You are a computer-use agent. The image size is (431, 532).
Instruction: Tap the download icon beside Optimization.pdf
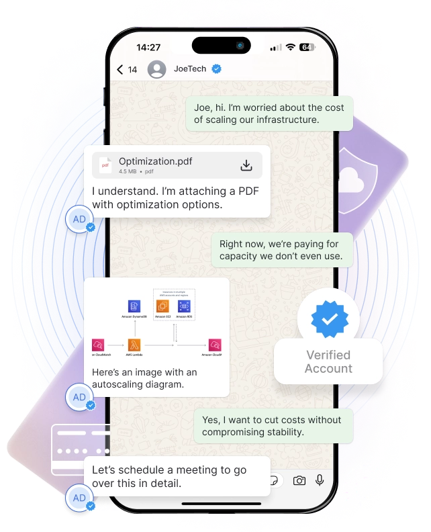[246, 165]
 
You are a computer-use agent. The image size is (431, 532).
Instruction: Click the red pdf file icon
[105, 165]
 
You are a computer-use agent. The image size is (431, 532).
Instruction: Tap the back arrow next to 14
[120, 69]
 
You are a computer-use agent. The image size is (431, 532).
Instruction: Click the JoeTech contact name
[190, 69]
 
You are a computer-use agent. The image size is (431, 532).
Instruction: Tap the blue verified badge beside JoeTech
[216, 69]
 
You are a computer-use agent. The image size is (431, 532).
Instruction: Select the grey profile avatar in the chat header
[156, 69]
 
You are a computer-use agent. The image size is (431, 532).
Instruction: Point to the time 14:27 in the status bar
[148, 48]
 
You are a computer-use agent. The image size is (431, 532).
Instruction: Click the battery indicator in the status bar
[307, 48]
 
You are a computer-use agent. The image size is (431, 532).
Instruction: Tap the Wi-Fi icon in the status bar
[290, 48]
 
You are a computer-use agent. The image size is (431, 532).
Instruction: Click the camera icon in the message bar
[299, 480]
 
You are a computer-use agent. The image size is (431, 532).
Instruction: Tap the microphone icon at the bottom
[320, 480]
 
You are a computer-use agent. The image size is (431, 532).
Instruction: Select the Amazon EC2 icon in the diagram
[162, 306]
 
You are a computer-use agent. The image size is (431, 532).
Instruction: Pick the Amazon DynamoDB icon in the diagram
[134, 306]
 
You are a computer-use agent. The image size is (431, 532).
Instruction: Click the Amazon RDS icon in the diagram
[185, 306]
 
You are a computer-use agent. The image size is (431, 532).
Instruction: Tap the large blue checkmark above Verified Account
[328, 320]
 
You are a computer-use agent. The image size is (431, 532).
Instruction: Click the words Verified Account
[328, 361]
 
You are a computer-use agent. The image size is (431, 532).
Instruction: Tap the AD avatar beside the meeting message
[79, 498]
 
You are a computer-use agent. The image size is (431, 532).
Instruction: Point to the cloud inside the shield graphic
[350, 178]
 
